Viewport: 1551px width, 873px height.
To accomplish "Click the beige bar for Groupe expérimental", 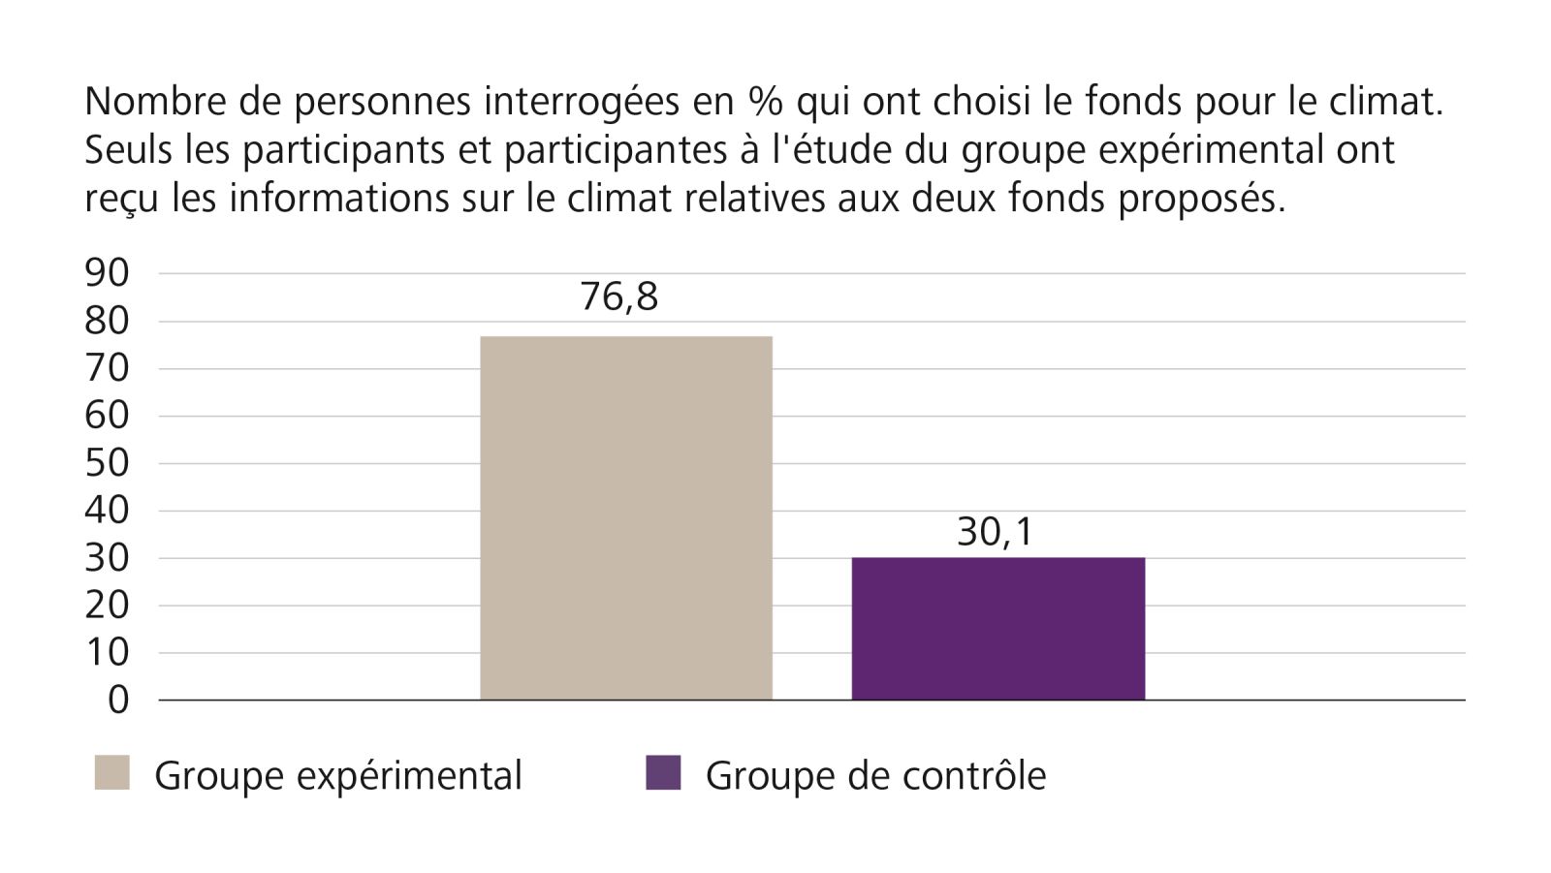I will [626, 517].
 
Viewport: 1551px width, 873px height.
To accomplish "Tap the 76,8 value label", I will [618, 297].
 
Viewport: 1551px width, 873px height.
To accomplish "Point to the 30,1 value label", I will [996, 532].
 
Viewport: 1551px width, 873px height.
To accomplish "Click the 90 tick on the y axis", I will [107, 273].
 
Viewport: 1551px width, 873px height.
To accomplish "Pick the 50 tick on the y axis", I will [107, 463].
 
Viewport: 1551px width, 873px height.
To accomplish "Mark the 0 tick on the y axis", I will [118, 700].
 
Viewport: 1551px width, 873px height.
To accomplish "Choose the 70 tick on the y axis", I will [107, 368].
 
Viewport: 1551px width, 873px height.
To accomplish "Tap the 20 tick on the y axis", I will [107, 606].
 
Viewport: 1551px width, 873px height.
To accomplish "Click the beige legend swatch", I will [111, 773].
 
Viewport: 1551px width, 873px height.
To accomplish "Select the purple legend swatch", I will [663, 773].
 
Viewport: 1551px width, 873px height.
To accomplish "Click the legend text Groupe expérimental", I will [338, 776].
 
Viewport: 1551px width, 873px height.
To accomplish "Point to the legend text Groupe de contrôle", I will [875, 776].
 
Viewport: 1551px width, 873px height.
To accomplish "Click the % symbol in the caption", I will [764, 102].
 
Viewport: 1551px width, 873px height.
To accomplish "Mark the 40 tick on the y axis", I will [107, 511].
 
